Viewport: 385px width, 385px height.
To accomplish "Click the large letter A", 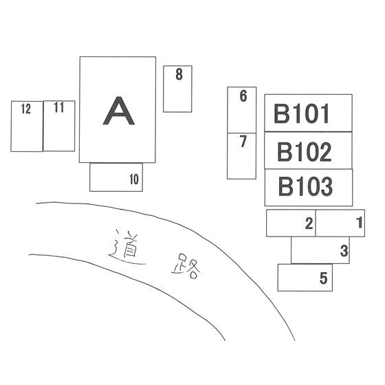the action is click(118, 111).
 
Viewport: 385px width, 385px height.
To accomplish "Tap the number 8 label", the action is click(179, 74).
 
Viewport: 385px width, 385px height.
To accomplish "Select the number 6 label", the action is click(243, 96).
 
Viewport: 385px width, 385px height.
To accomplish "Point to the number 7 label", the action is click(243, 142).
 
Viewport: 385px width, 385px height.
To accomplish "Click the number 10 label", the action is click(134, 179).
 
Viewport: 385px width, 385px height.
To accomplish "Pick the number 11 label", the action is click(59, 107).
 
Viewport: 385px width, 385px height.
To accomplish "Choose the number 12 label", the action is click(26, 109).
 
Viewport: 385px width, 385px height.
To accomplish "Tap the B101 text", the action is click(301, 113).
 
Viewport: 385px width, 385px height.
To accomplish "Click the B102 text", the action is click(304, 152).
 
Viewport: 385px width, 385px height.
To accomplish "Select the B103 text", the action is click(305, 186).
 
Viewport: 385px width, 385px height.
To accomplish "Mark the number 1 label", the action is click(360, 223).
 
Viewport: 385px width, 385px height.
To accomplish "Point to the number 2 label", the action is click(309, 223).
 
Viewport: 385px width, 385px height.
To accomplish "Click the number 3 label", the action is click(344, 251).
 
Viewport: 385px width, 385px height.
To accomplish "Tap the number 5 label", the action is click(324, 278).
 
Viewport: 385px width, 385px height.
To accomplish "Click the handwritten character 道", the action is click(126, 247).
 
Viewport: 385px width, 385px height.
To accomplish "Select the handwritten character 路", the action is click(186, 267).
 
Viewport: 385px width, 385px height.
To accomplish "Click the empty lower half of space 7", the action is click(241, 164).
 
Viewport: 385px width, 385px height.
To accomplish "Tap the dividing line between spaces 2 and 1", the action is click(316, 223).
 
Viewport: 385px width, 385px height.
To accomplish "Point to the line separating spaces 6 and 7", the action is click(242, 133).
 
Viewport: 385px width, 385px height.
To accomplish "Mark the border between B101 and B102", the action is click(308, 131).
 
